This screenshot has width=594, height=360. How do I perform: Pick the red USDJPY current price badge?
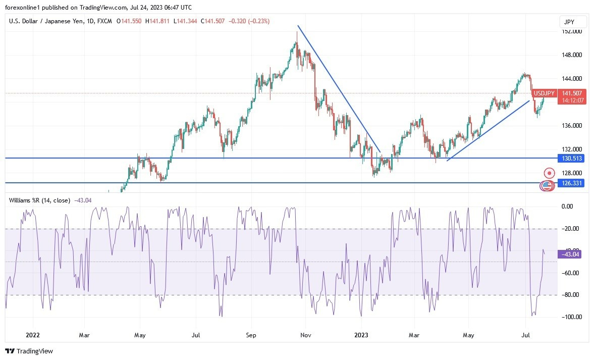click(571, 97)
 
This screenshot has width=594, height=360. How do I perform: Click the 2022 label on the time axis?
click(33, 335)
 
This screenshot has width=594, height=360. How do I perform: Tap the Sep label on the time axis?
click(251, 335)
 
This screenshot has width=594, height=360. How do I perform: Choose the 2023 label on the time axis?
click(361, 335)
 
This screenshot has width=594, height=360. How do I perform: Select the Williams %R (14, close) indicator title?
click(40, 200)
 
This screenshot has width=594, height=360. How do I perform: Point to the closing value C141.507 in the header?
click(212, 21)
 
